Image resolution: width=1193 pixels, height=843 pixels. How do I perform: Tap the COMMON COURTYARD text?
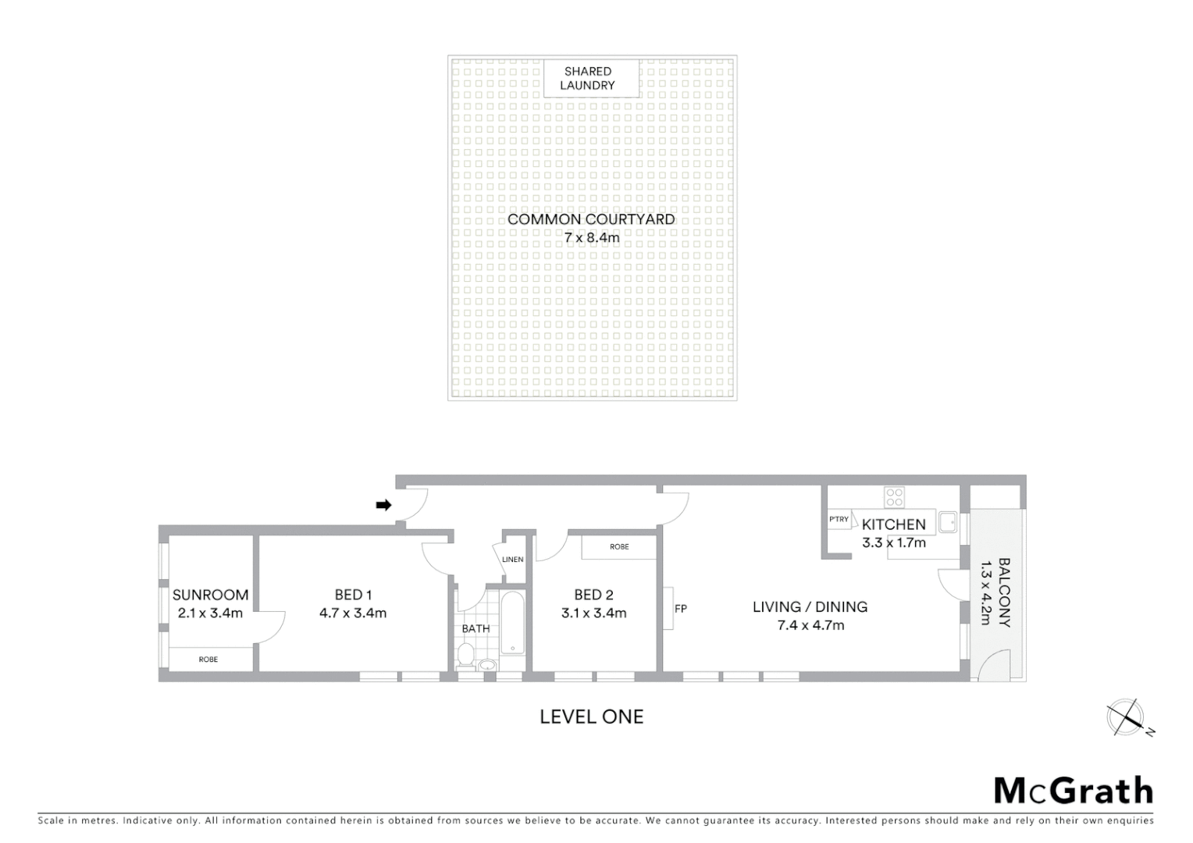591,219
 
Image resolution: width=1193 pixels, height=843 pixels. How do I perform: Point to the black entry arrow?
383,505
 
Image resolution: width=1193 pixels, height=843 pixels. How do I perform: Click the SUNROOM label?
210,595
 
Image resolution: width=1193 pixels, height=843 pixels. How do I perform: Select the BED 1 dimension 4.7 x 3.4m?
353,614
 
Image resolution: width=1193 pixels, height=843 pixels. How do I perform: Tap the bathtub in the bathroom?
512,623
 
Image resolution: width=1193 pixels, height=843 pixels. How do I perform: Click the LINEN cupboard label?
513,560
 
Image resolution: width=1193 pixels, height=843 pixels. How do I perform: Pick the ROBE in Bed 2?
619,547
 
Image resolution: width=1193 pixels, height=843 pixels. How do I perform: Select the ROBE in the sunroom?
208,660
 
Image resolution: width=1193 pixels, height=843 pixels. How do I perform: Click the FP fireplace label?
681,609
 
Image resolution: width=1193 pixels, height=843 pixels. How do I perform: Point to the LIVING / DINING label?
810,606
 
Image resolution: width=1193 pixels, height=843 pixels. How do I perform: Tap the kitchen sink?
948,522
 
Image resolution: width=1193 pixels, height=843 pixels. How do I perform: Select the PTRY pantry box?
839,520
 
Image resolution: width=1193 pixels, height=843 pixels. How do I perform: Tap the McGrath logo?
1074,791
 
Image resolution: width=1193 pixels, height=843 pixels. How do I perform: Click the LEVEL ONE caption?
592,717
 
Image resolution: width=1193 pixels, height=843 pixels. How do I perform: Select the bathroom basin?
487,666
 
